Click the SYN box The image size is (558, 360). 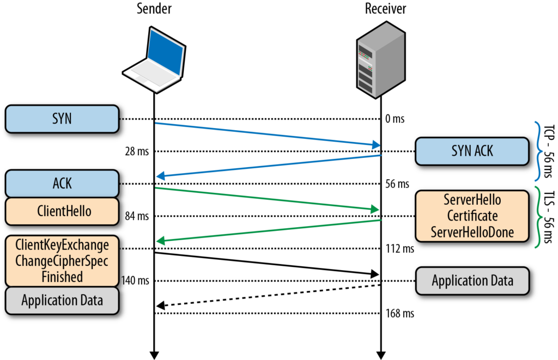(x=62, y=119)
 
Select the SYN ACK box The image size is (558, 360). (x=472, y=151)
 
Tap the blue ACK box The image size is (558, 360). (x=62, y=184)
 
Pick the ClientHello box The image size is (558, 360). (x=62, y=211)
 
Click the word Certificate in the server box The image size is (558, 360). (x=472, y=216)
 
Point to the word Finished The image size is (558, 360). (x=62, y=276)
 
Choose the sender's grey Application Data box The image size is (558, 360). (x=62, y=300)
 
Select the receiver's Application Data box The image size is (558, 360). (x=472, y=281)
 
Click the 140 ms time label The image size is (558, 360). (x=135, y=281)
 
